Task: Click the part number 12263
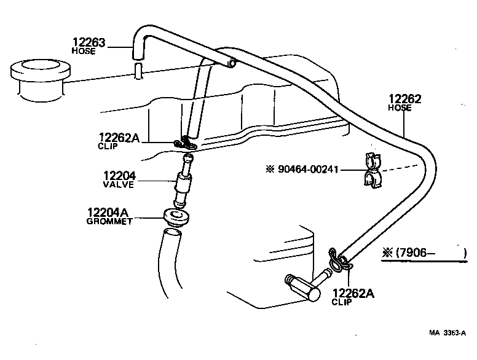coord(90,42)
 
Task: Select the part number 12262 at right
coord(405,98)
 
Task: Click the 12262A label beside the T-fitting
coord(353,293)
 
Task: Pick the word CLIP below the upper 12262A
coord(108,147)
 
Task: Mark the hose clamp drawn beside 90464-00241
coord(372,170)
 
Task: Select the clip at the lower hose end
coord(340,261)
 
